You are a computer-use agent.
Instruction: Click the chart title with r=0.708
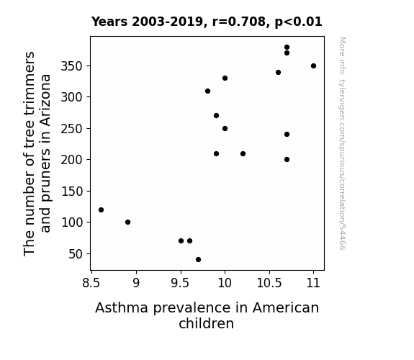tap(207, 22)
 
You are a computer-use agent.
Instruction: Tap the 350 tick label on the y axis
tap(72, 66)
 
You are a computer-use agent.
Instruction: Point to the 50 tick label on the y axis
tap(76, 254)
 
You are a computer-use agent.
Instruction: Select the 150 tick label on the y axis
tap(72, 192)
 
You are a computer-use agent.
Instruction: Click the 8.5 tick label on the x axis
tap(91, 283)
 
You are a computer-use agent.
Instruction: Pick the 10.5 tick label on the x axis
tap(269, 283)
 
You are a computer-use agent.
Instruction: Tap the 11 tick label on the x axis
tap(313, 283)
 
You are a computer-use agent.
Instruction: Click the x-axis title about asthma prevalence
tap(207, 315)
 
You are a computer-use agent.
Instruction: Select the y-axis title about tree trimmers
tap(37, 153)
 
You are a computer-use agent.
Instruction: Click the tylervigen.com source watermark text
tap(342, 143)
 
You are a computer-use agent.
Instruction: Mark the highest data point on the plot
tap(287, 48)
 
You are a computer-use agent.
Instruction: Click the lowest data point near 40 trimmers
tap(198, 260)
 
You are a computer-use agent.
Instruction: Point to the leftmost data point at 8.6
tap(101, 210)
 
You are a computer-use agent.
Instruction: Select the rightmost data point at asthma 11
tap(313, 66)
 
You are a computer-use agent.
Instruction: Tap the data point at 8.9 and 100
tap(127, 222)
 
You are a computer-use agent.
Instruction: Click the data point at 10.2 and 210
tap(243, 153)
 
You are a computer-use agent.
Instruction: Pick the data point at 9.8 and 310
tap(207, 91)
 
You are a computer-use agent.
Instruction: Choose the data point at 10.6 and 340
tap(278, 73)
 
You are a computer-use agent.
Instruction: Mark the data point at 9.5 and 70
tap(181, 241)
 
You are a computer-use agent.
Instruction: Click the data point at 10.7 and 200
tap(287, 160)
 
